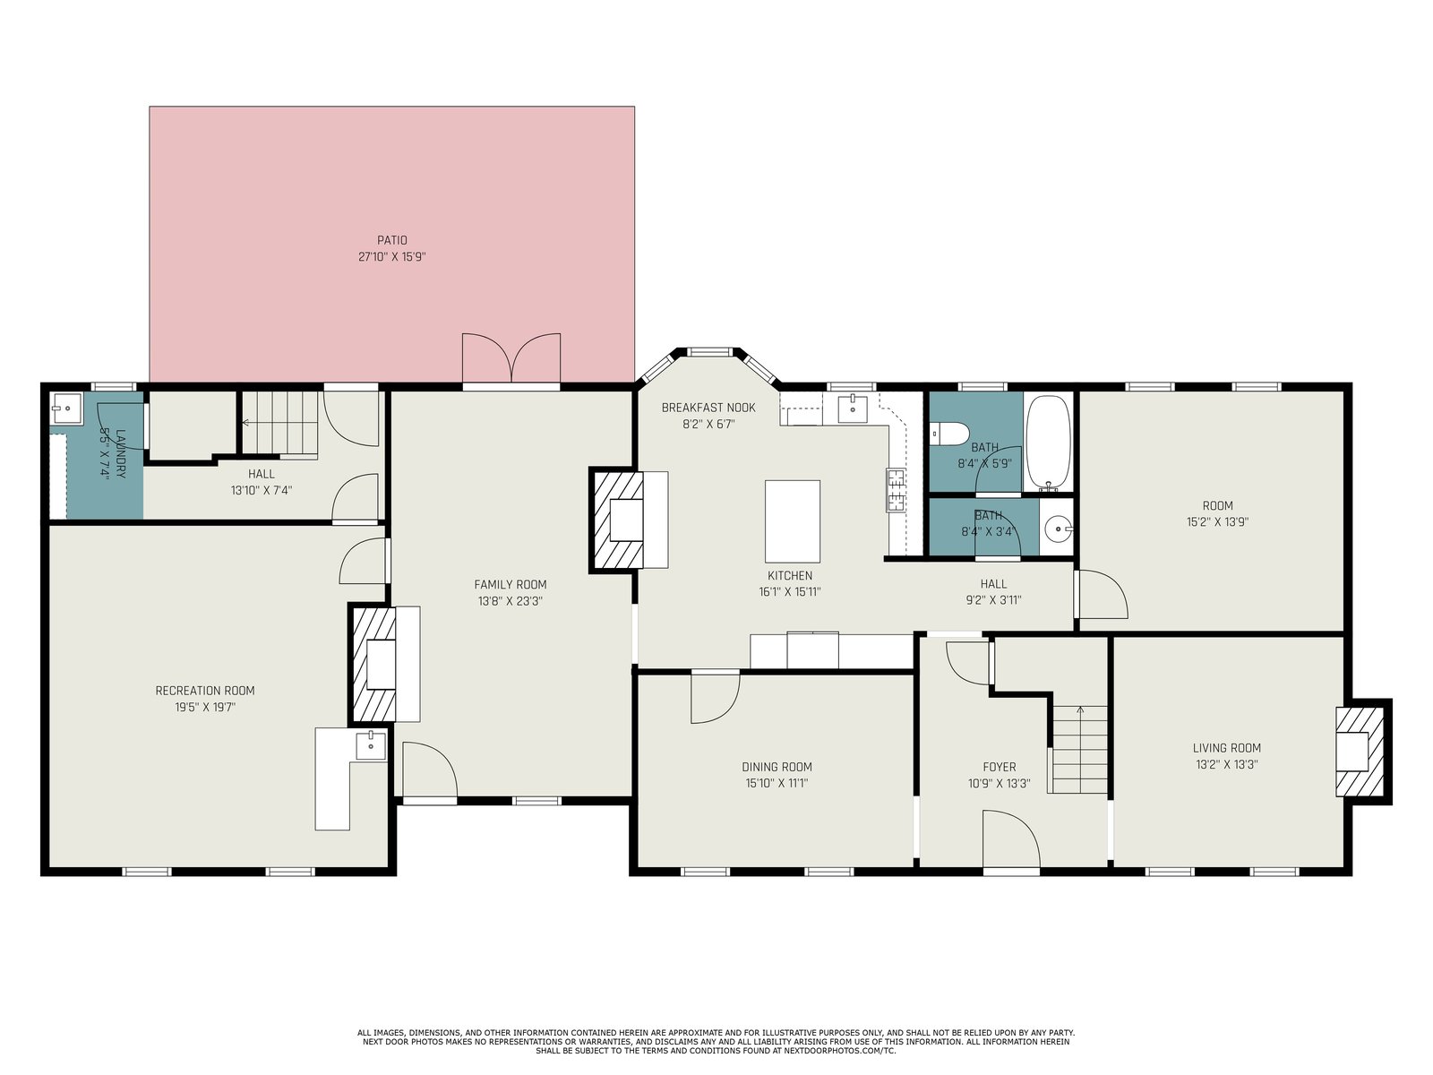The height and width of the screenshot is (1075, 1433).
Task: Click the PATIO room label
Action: point(391,240)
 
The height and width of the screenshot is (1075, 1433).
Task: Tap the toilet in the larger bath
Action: point(948,434)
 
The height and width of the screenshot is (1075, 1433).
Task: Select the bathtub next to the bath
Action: point(1048,443)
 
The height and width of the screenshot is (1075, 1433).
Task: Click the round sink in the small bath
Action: point(1057,529)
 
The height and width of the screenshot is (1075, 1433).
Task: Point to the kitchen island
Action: point(792,520)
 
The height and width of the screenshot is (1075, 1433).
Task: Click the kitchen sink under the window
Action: point(853,408)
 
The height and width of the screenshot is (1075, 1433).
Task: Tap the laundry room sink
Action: point(66,408)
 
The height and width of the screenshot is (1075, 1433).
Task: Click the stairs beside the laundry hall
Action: point(280,423)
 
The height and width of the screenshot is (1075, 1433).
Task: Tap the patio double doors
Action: point(511,359)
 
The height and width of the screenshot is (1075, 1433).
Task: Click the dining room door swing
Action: point(716,697)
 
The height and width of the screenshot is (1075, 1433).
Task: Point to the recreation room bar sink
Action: point(371,745)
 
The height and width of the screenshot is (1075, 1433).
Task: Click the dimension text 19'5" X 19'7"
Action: point(205,707)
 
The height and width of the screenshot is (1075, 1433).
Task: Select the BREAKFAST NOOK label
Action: point(708,408)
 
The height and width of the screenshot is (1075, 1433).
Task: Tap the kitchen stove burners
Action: point(896,489)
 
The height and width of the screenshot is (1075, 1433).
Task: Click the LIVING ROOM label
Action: point(1227,748)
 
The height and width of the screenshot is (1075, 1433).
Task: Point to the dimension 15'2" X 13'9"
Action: point(1217,521)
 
